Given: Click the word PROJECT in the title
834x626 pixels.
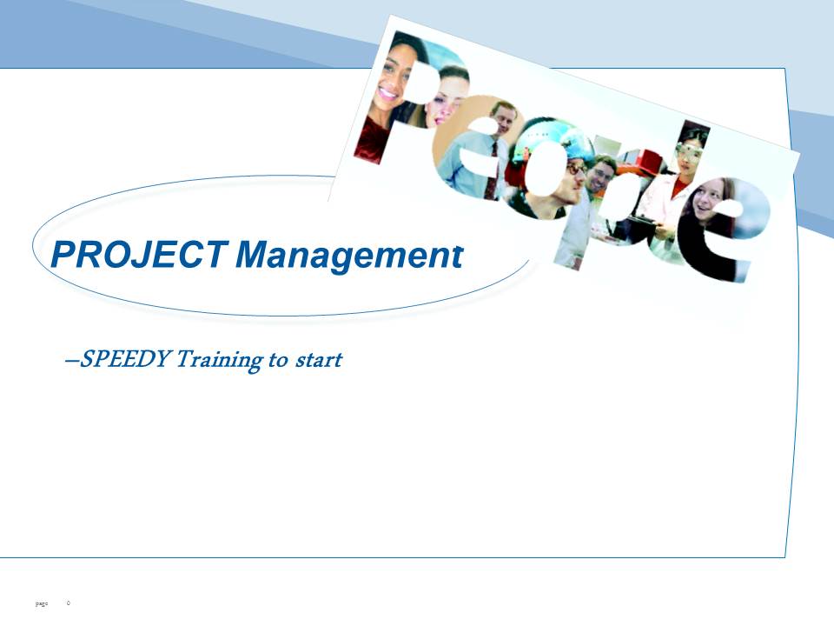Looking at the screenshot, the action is coord(140,255).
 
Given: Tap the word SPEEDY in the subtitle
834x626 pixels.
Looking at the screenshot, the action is coord(124,359).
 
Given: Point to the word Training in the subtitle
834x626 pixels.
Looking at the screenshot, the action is coord(218,360).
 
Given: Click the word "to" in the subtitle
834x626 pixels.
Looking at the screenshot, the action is coord(278,360).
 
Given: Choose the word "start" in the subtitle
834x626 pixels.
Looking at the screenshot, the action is coord(319,360).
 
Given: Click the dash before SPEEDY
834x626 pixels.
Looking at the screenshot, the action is coord(71,361).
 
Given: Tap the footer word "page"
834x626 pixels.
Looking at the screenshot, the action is coord(41,603).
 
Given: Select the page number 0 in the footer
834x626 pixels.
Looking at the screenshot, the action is coord(68,603).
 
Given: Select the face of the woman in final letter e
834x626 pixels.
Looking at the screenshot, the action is coord(709,201).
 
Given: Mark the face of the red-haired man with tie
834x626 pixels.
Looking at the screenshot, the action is coord(502,117).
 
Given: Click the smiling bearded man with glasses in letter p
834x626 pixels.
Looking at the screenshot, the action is coord(601,176).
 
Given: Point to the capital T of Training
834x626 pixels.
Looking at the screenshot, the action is coord(186,359).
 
